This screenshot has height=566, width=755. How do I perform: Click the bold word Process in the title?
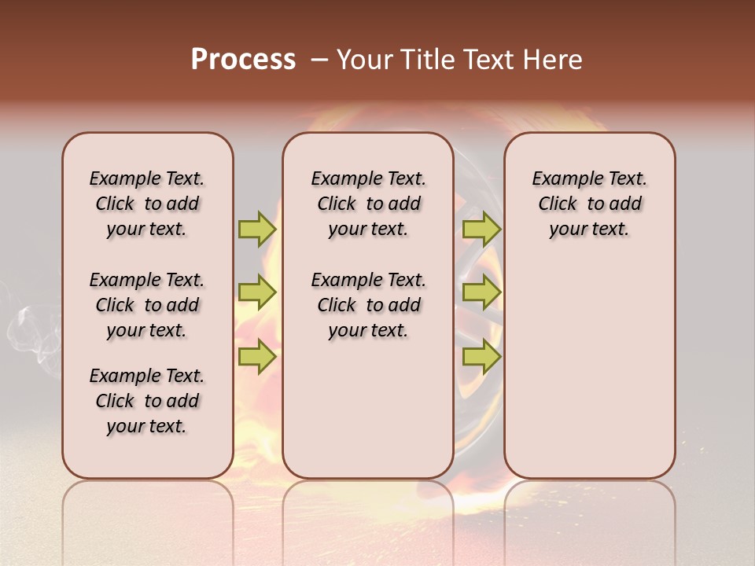(243, 60)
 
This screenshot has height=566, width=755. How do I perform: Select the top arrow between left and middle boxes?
(257, 229)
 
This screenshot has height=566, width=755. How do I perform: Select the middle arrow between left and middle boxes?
(257, 292)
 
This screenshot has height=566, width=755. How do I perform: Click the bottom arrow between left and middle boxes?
(257, 356)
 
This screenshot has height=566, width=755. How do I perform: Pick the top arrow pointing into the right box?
(481, 229)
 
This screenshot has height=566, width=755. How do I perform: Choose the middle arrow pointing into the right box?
(481, 292)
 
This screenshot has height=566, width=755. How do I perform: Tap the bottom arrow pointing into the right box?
(481, 356)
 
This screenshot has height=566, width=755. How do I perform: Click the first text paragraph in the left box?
(147, 204)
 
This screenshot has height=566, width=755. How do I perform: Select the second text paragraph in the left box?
(147, 305)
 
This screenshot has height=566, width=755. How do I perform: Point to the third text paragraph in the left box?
(147, 401)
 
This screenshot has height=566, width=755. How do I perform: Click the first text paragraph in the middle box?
(368, 204)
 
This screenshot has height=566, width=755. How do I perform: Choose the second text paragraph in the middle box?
(368, 305)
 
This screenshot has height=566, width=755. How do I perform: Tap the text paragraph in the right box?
(589, 204)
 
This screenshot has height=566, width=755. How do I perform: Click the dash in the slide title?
(319, 60)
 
